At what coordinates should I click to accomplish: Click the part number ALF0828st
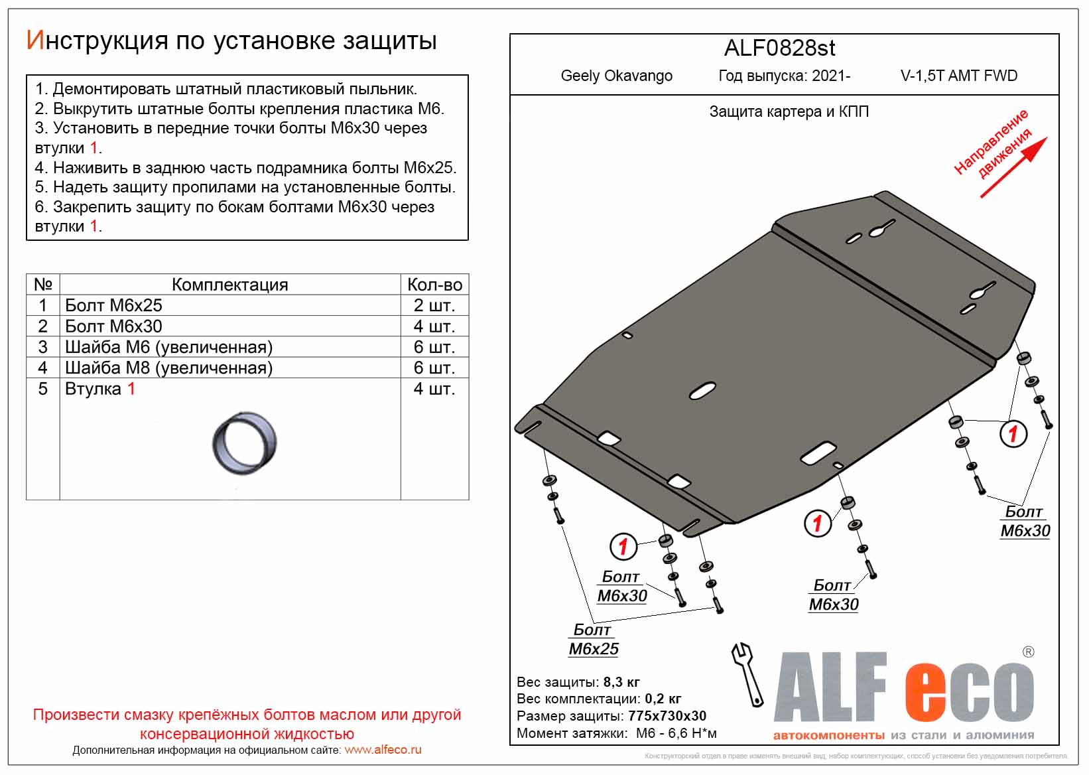779,48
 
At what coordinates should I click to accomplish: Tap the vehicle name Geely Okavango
616,76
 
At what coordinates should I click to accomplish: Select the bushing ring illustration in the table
244,443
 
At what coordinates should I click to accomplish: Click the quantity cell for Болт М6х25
434,305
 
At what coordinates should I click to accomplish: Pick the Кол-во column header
434,285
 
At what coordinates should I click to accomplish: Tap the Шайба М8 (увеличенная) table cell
168,368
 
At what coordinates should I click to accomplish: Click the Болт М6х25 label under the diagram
593,640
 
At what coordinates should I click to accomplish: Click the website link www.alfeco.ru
383,750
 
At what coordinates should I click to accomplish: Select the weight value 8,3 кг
621,682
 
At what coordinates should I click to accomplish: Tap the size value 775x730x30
667,716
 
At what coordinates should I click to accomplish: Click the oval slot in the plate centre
702,391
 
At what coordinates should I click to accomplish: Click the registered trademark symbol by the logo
1028,652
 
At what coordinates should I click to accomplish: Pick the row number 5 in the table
43,389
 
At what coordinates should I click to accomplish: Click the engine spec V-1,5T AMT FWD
958,76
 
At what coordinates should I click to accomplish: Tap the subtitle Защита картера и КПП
789,111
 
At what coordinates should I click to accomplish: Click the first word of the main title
97,41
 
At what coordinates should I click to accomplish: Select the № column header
43,285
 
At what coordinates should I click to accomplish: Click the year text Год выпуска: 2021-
784,76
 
